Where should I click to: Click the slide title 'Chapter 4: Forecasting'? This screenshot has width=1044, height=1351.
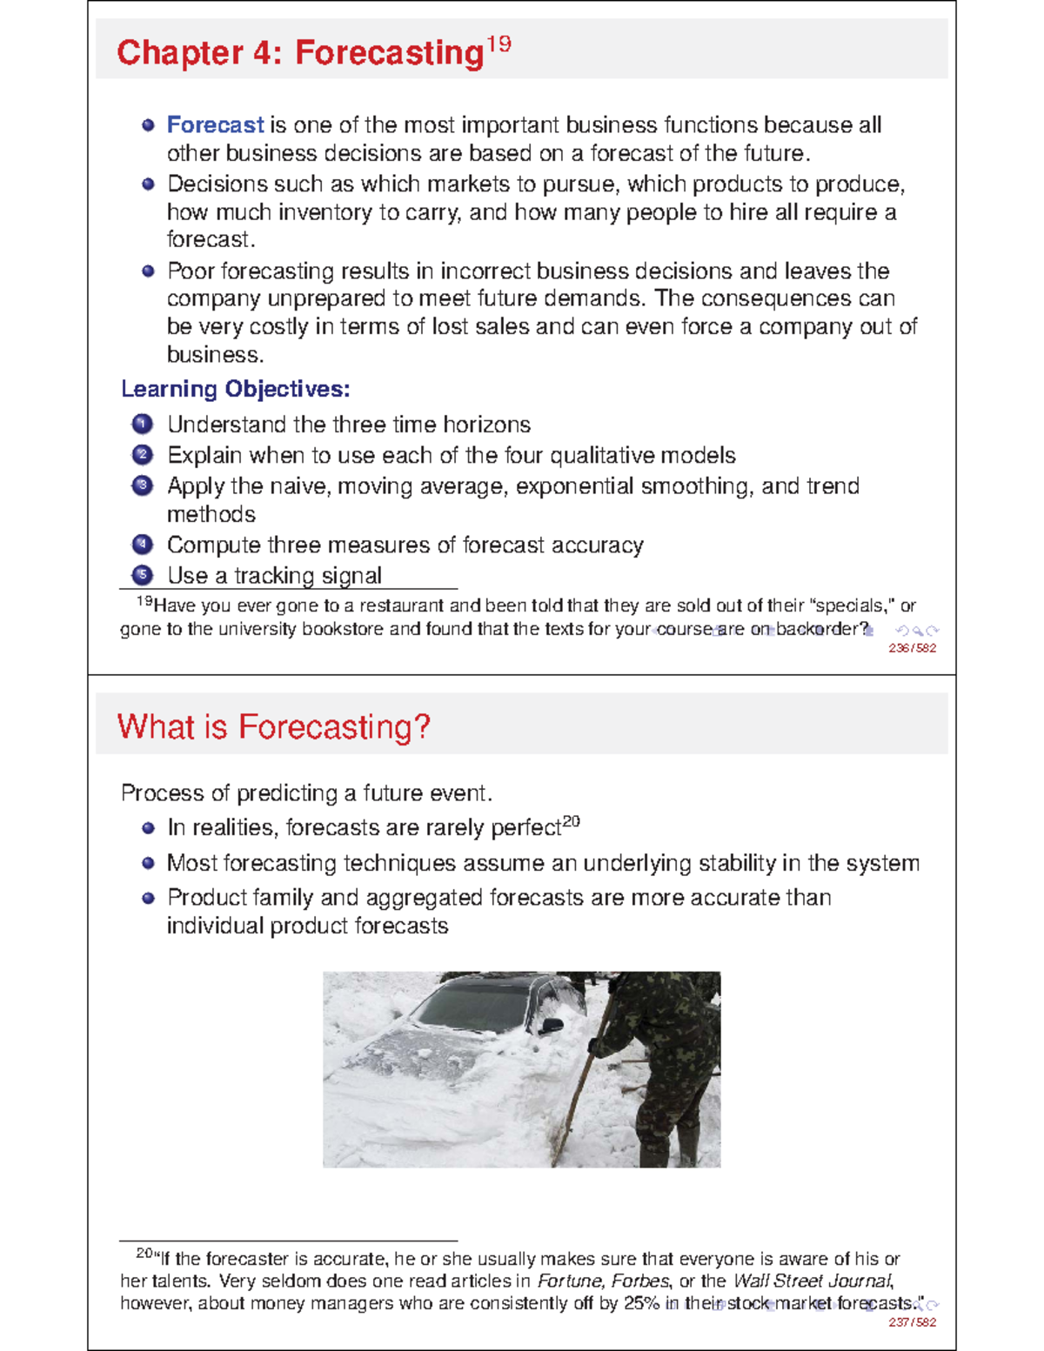[299, 53]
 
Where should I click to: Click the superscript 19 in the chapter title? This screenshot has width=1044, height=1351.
[499, 43]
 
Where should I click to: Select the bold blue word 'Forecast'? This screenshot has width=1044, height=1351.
[215, 125]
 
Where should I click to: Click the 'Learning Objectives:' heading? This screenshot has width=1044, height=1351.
[235, 389]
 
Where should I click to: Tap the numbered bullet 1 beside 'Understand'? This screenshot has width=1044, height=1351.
[143, 425]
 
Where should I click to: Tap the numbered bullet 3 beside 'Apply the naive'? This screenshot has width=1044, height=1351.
[143, 486]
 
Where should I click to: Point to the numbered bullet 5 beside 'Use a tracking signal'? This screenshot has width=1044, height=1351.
[143, 576]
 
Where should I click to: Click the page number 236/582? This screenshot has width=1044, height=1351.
[912, 648]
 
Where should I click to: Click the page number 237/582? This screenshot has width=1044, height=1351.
[912, 1322]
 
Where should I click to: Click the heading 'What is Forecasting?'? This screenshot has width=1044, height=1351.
[273, 726]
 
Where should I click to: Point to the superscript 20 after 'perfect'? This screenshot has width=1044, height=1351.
[571, 821]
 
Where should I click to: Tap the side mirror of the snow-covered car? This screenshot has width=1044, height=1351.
[551, 1026]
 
